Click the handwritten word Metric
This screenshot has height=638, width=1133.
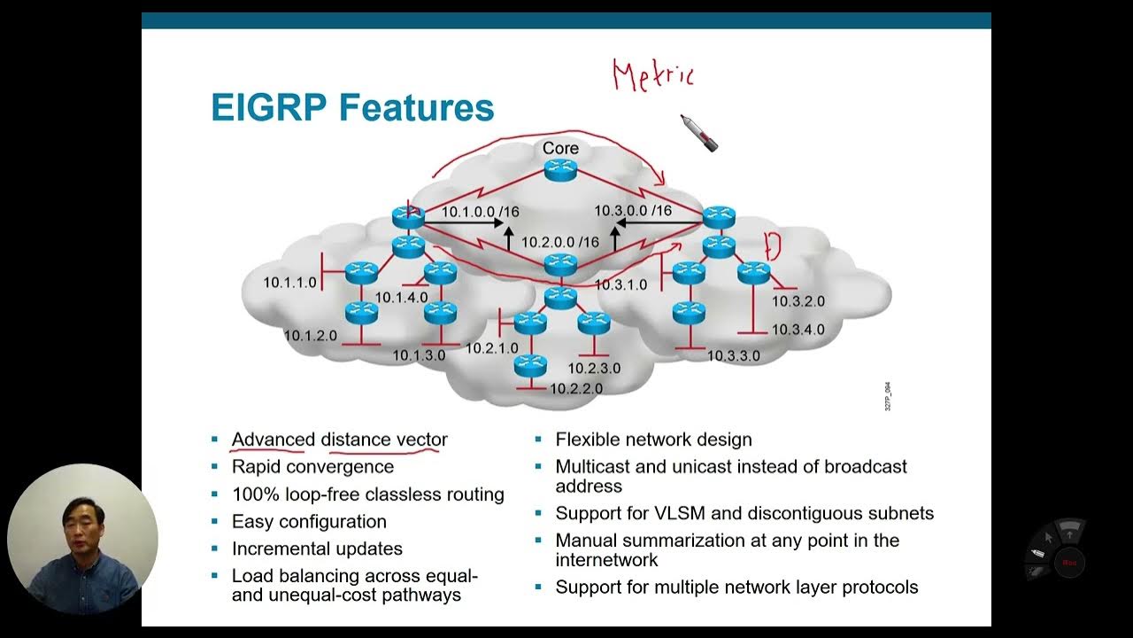point(653,75)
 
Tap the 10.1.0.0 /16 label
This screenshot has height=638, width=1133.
point(480,212)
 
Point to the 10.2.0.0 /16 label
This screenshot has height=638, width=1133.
point(559,242)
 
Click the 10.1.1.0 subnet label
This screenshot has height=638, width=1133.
point(289,283)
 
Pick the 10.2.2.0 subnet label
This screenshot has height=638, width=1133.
point(575,388)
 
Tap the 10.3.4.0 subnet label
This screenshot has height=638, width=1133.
point(798,330)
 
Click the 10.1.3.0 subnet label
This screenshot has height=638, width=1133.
point(419,355)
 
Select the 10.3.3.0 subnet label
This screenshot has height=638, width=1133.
point(733,355)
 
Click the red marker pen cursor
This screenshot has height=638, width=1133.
point(699,133)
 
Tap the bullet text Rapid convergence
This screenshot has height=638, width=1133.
point(312,466)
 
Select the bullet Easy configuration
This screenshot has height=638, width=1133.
point(309,521)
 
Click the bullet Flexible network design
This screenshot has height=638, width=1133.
point(653,440)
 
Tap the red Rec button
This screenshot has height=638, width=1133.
point(1069,562)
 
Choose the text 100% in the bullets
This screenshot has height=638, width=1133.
point(252,494)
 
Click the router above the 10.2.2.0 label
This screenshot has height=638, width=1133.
point(530,363)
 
